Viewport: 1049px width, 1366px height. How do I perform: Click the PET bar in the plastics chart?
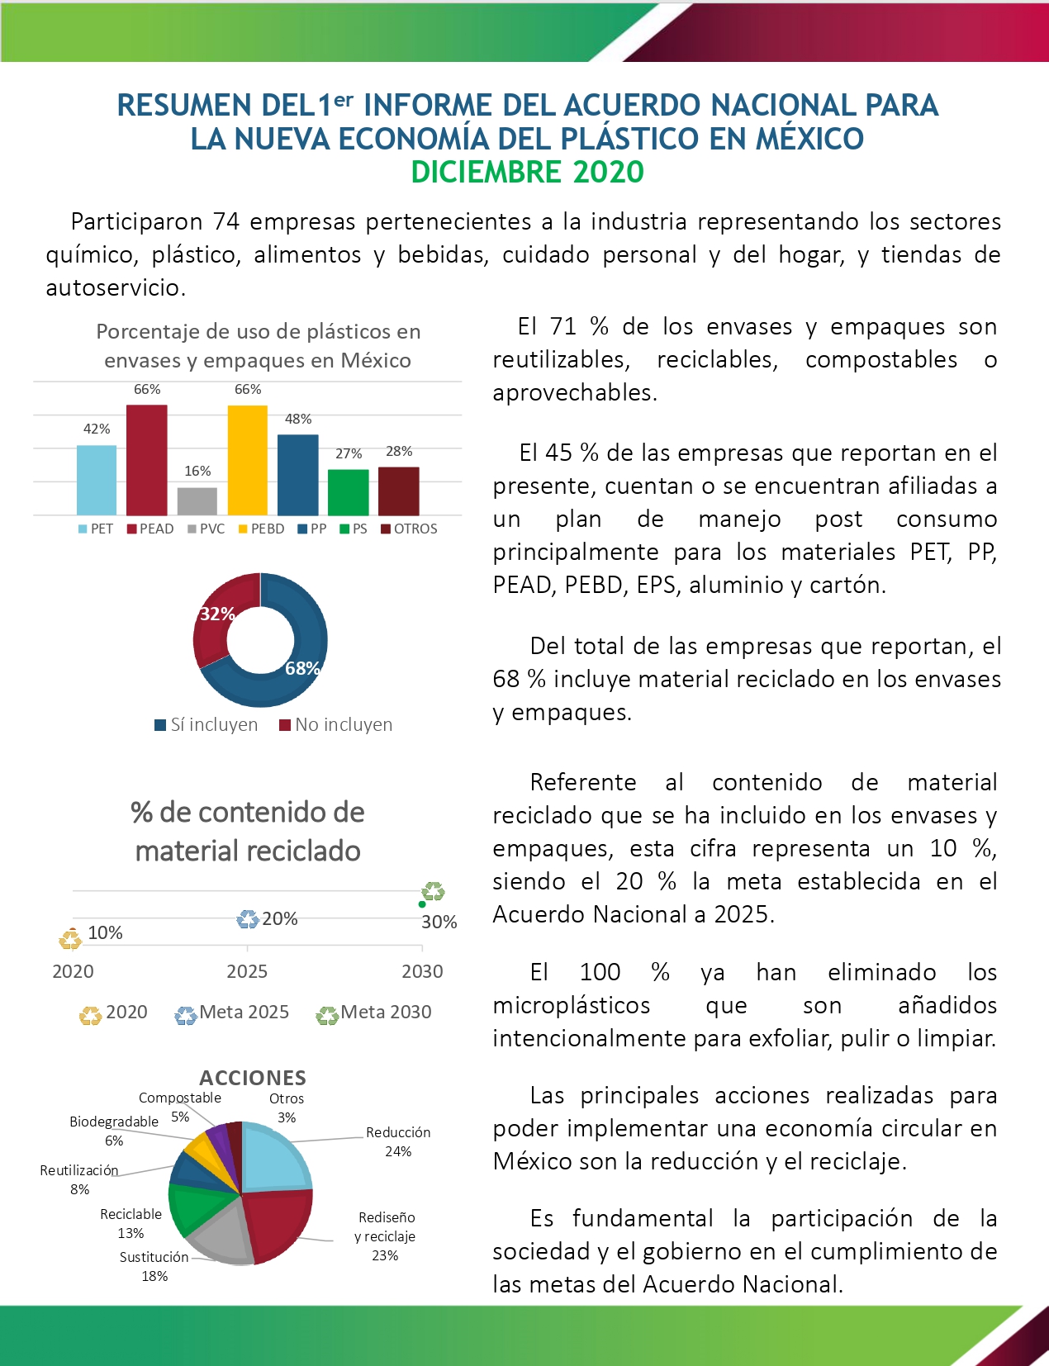pos(97,480)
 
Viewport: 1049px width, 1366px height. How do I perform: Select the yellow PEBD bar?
pos(248,460)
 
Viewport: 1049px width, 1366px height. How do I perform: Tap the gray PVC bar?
pos(197,501)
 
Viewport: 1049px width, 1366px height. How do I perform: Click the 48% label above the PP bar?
pos(298,419)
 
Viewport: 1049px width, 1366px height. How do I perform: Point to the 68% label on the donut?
pos(302,668)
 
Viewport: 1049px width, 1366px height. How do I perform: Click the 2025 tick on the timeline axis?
pos(247,971)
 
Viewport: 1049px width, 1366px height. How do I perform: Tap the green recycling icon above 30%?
pos(434,891)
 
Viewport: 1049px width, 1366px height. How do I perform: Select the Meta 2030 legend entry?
pos(376,1013)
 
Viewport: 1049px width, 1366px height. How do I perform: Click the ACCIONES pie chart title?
pos(253,1078)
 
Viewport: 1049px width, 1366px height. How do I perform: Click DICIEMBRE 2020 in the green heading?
pos(527,172)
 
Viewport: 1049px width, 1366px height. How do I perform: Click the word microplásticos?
pos(572,1005)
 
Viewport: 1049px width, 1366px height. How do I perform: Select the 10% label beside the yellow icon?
pos(105,932)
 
